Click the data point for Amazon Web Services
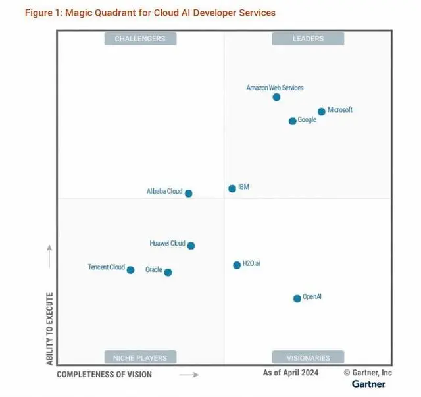click(x=276, y=97)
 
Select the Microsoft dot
click(x=322, y=112)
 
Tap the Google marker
click(x=293, y=121)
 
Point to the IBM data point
click(x=232, y=189)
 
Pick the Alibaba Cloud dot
click(x=189, y=194)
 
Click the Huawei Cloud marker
click(x=191, y=246)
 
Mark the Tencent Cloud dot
click(x=130, y=270)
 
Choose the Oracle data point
click(x=168, y=272)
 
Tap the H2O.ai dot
click(x=237, y=265)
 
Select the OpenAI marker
click(x=297, y=298)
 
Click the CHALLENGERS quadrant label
click(x=140, y=39)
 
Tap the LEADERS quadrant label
click(x=308, y=39)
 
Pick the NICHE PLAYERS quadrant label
click(x=140, y=358)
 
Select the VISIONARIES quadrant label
click(x=308, y=358)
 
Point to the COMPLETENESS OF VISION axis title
click(x=104, y=375)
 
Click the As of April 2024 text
click(x=290, y=373)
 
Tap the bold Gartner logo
click(x=368, y=384)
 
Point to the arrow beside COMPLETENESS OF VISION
click(x=189, y=375)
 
